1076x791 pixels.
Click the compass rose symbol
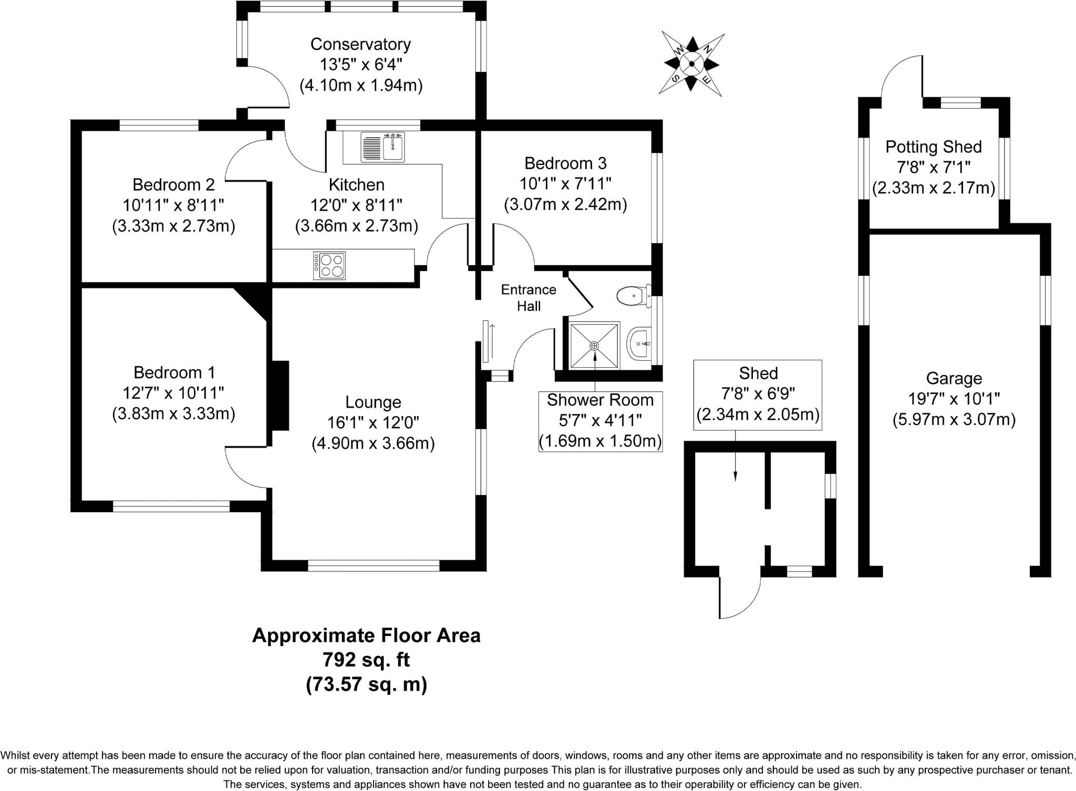click(691, 64)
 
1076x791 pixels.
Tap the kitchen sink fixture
click(383, 148)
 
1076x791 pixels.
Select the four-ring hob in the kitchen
click(329, 266)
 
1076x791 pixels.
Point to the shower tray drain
click(594, 346)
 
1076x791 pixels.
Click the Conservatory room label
click(360, 44)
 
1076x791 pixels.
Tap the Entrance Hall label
click(529, 298)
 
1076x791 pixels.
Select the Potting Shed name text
click(933, 147)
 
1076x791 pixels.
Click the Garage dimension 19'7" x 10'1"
click(954, 399)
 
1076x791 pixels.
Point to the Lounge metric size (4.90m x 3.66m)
click(373, 444)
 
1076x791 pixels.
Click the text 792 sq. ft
click(366, 660)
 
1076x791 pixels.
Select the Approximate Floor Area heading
click(366, 636)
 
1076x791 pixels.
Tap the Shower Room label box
click(600, 421)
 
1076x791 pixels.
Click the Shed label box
click(758, 394)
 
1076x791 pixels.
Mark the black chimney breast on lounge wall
click(280, 395)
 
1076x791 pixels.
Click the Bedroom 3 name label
click(565, 163)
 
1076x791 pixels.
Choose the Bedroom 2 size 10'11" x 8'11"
click(173, 205)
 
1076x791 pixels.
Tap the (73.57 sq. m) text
click(366, 685)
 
